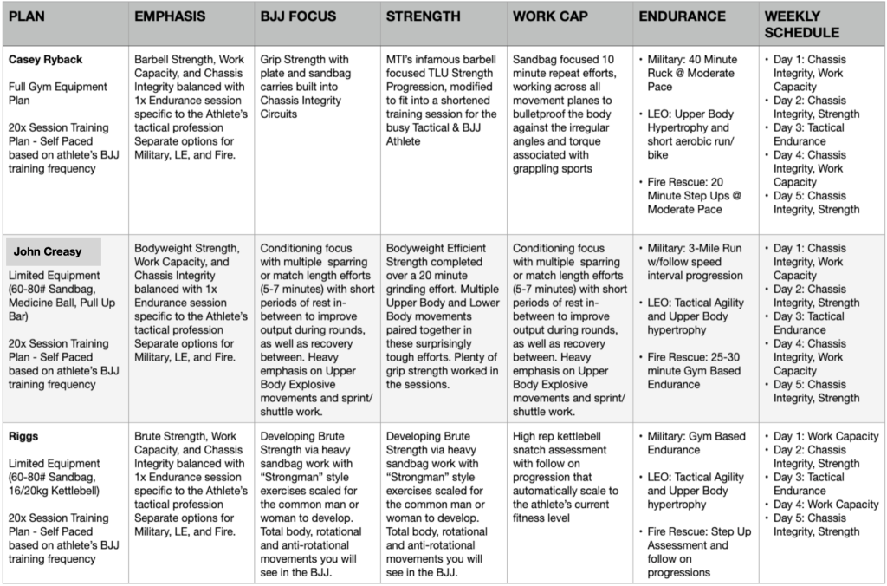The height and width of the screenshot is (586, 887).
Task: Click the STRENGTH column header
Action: click(x=424, y=16)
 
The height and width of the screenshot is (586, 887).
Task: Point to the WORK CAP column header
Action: click(x=549, y=16)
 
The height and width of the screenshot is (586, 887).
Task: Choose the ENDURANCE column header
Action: click(x=683, y=16)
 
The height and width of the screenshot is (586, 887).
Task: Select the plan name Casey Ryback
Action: click(x=46, y=59)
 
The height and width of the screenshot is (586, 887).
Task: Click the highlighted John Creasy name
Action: click(x=49, y=251)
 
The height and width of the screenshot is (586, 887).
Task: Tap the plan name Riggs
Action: click(x=23, y=436)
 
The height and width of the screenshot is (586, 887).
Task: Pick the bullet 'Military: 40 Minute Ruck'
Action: click(x=692, y=66)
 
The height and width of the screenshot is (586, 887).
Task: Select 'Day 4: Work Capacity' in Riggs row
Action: click(x=825, y=505)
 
